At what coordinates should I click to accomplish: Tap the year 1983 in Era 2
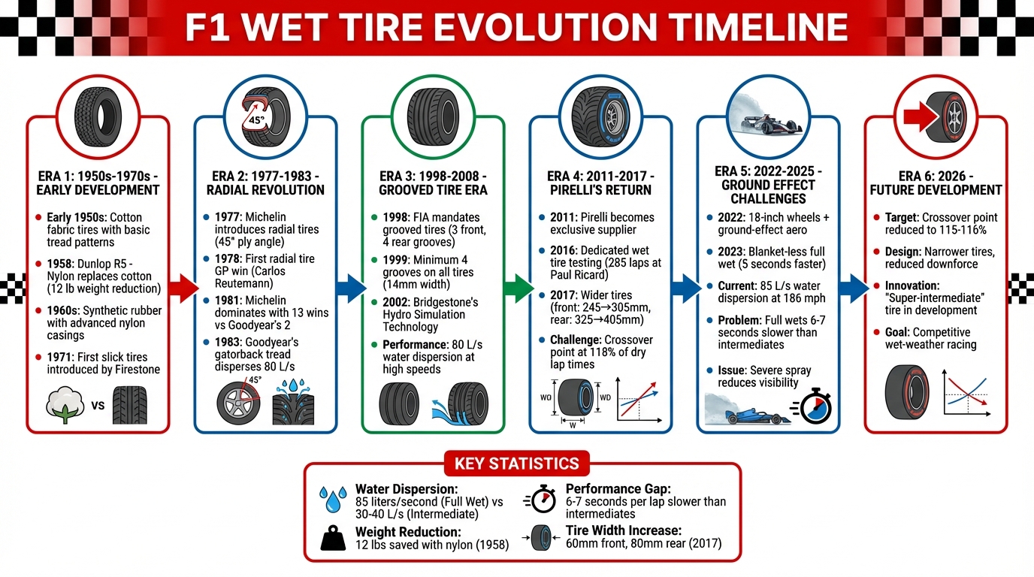coord(229,343)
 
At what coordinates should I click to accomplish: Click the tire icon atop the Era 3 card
coord(432,113)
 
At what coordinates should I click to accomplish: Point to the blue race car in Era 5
coord(748,412)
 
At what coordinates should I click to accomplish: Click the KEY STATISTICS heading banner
coord(516,463)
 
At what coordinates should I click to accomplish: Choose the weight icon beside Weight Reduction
coord(332,537)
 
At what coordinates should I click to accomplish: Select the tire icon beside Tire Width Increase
coord(542,537)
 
